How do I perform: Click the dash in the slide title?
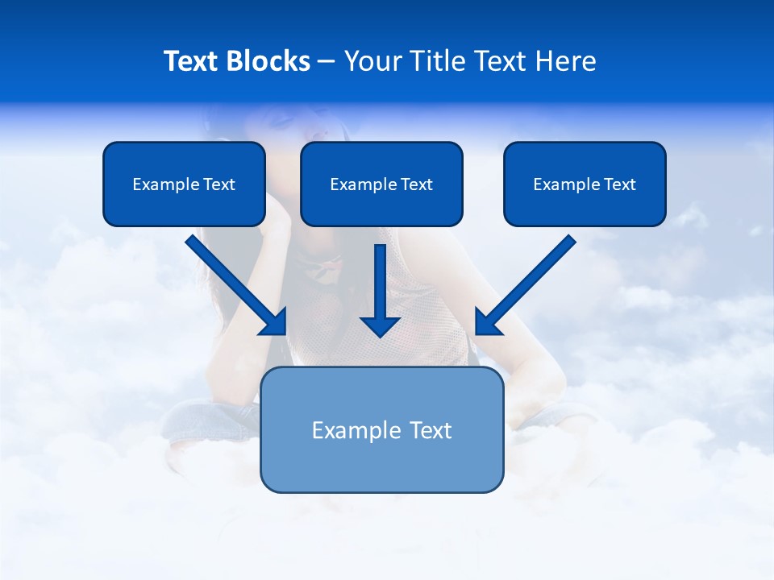coord(327,62)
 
